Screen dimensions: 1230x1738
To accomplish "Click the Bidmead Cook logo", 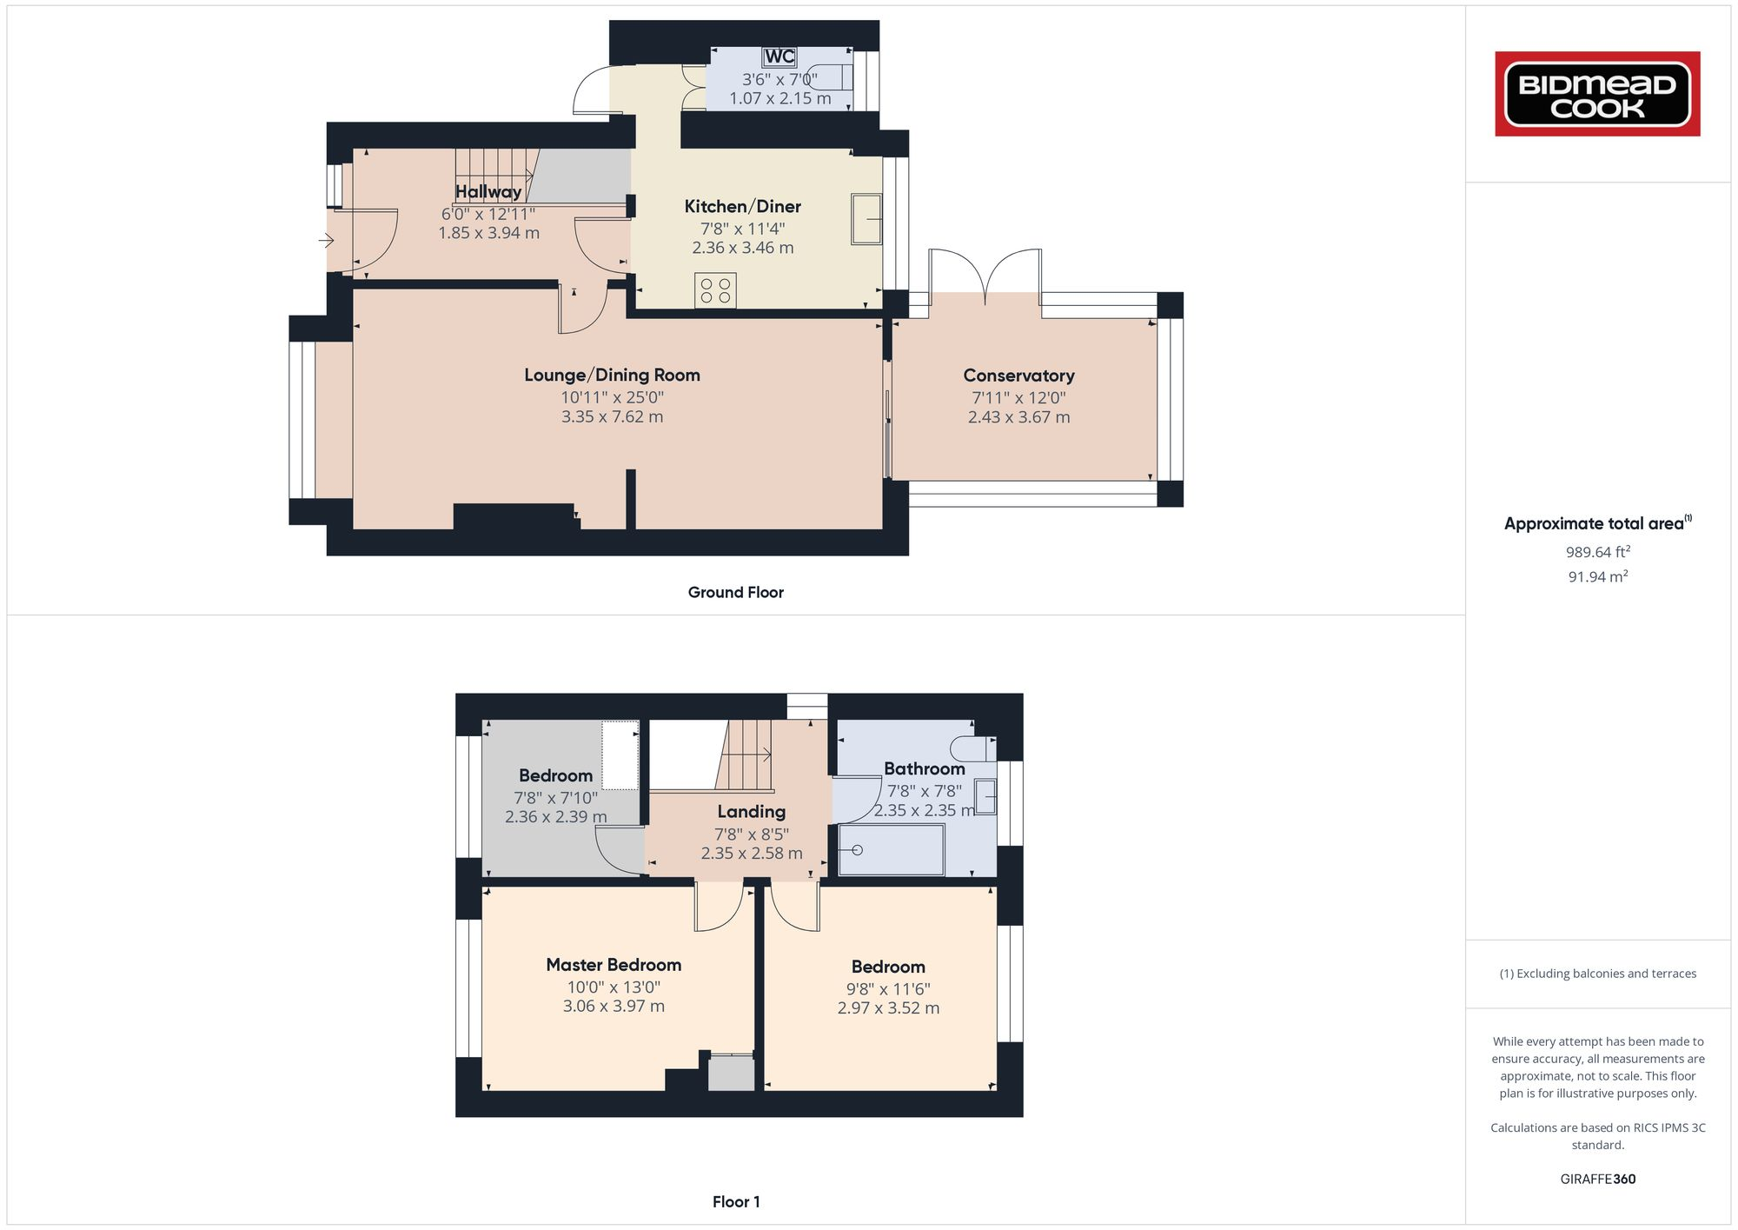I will click(1597, 94).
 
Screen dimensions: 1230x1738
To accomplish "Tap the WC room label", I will click(779, 57).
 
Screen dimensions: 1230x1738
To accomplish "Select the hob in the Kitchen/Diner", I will click(715, 290).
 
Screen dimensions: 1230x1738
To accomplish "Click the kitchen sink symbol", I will click(866, 218).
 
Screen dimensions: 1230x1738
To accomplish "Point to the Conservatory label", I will click(1018, 376).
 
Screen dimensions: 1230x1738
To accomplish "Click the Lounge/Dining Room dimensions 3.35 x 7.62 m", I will click(612, 416).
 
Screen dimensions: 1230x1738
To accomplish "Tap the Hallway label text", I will click(488, 191).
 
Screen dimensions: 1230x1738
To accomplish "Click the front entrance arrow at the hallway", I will click(326, 240).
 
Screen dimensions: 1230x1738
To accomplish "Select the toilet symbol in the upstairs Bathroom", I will click(972, 748).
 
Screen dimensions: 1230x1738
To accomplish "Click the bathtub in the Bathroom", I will click(891, 849).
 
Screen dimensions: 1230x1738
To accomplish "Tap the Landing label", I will click(751, 811).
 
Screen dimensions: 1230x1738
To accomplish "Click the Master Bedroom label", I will click(613, 964).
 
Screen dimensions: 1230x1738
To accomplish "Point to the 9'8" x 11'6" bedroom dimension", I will click(888, 988).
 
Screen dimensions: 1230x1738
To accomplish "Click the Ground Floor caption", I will click(735, 592).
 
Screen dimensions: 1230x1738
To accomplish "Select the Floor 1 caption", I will click(735, 1201).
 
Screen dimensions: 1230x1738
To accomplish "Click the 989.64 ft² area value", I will click(1597, 552).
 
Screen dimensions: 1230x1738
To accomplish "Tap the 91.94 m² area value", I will click(1597, 576).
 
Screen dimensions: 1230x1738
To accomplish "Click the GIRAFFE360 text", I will click(1597, 1179).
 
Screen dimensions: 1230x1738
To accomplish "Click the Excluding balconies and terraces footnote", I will click(1597, 974).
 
